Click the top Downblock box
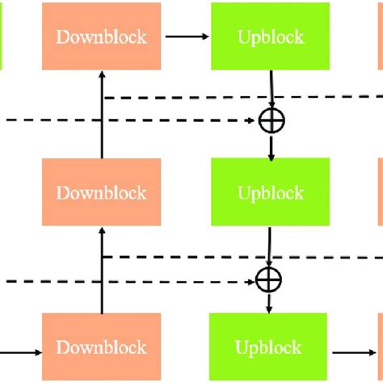click(101, 37)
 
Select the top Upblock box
click(271, 37)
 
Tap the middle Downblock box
click(101, 192)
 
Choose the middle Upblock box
click(271, 192)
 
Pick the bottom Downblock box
click(101, 347)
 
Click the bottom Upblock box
click(269, 347)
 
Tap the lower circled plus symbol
click(267, 280)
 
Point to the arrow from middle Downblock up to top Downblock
click(102, 113)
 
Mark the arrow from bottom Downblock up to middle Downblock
click(102, 271)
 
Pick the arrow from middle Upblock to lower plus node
click(269, 246)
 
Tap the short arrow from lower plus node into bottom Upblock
click(268, 303)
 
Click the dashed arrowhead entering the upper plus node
click(251, 121)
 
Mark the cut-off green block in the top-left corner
click(2, 37)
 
